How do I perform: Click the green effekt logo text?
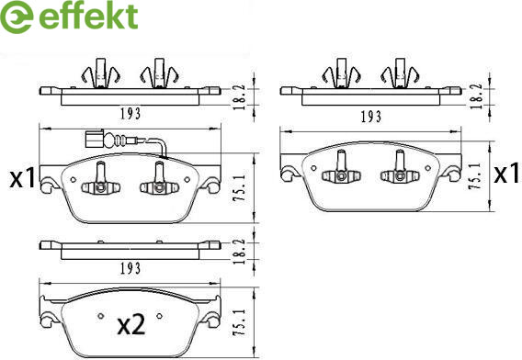pos(88,17)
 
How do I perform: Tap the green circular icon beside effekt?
pos(17,17)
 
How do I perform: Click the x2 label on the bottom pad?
pos(131,325)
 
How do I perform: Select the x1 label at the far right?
pos(506,173)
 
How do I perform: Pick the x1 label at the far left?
pos(23,177)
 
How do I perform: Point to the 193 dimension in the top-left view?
pos(130,114)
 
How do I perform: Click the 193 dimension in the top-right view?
pos(371,117)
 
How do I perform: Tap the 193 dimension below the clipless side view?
pos(130,268)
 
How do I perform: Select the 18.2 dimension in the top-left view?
pos(239,97)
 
